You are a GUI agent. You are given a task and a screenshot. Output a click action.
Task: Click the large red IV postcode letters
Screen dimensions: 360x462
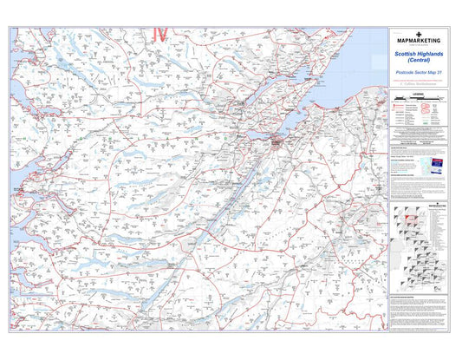tap(159, 34)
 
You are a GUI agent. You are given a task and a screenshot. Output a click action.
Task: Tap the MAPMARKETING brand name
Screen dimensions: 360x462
tap(419, 41)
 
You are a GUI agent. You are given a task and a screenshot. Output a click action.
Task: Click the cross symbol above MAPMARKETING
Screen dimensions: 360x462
tap(419, 34)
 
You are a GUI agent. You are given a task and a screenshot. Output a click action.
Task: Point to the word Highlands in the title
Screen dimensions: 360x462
tap(432, 54)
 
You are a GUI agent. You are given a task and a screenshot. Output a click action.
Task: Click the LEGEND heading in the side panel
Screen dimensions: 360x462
tap(419, 91)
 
